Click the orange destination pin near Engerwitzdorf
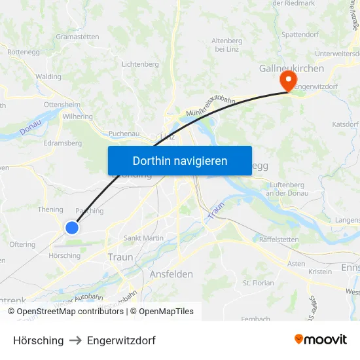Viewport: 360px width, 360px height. (287, 80)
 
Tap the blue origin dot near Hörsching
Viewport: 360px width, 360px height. (72, 227)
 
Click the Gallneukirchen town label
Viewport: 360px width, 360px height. (289, 68)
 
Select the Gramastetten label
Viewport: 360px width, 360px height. (77, 37)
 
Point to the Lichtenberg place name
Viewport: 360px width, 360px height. (140, 64)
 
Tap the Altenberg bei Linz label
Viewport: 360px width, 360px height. (227, 45)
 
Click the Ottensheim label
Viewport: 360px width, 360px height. (62, 104)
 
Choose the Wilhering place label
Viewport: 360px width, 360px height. (78, 117)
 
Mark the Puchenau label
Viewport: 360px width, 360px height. (124, 133)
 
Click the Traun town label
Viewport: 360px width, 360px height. (120, 257)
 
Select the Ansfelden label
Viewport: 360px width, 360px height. (171, 274)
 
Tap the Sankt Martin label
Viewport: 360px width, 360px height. (143, 238)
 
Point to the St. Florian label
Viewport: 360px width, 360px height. (258, 283)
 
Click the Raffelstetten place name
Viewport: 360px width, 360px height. (279, 240)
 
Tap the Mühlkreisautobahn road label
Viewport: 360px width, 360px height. (211, 103)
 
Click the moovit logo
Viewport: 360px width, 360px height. (321, 339)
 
